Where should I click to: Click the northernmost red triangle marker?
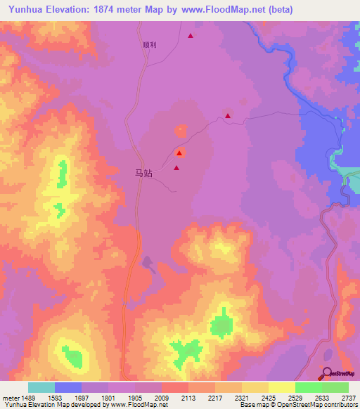coord(191,35)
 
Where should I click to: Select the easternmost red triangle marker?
coord(228,116)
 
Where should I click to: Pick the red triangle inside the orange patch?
coord(180,152)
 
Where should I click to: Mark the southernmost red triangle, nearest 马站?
coord(176,168)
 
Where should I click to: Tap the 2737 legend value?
coord(348,398)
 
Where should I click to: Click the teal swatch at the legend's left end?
coord(41,387)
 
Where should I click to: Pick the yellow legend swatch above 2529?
coord(282,387)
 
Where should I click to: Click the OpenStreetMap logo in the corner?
coord(338,374)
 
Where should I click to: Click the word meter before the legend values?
coord(10,398)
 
